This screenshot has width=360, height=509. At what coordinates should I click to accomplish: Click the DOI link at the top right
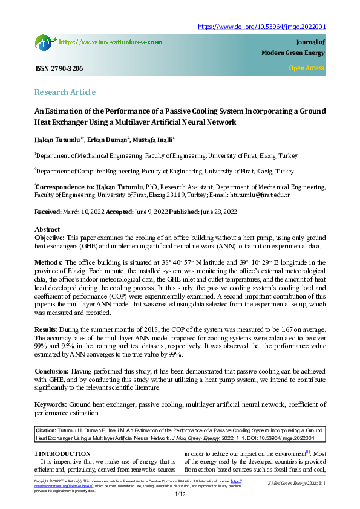262,27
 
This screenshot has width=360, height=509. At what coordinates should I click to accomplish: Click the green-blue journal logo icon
45,42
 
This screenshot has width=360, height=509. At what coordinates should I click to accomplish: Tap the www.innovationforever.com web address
111,42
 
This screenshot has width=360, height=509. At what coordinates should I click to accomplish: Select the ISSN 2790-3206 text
59,68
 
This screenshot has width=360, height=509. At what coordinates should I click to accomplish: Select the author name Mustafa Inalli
154,140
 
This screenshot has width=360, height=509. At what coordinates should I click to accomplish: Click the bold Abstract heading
47,230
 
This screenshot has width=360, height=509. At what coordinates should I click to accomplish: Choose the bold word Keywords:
51,404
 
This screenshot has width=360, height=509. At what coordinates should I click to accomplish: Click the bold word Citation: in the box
48,429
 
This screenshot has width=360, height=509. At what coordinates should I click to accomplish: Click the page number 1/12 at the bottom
180,494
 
